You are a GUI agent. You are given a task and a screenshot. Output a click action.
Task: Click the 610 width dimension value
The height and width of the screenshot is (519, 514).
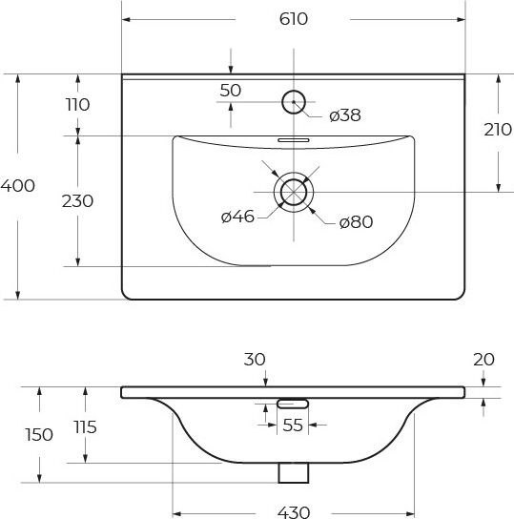(294, 19)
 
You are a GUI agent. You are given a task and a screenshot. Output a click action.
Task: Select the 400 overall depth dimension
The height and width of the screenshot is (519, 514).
(17, 186)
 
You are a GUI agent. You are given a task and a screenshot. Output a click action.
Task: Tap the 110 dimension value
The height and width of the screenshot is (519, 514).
(78, 105)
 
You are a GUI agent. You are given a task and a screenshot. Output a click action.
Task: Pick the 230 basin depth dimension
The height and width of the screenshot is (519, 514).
(78, 201)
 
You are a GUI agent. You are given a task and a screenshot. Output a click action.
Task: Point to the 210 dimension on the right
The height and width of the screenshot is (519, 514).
(498, 130)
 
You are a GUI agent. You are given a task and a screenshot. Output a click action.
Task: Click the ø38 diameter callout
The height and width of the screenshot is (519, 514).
(345, 115)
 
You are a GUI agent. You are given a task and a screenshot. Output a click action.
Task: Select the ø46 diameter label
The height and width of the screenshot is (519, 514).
(237, 217)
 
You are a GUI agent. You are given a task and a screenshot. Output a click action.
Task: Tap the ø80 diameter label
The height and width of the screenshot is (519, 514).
(357, 221)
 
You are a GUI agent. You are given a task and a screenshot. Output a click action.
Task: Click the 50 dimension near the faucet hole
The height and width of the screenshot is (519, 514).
(231, 91)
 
